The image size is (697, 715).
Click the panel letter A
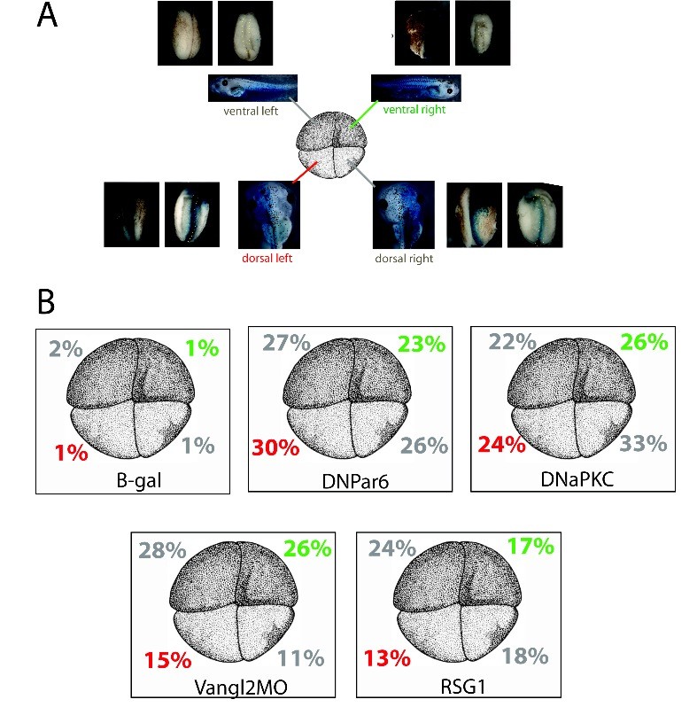click(x=48, y=17)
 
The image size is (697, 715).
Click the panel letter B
click(x=47, y=301)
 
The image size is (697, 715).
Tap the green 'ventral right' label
click(x=414, y=111)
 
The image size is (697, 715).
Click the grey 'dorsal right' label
click(x=403, y=260)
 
